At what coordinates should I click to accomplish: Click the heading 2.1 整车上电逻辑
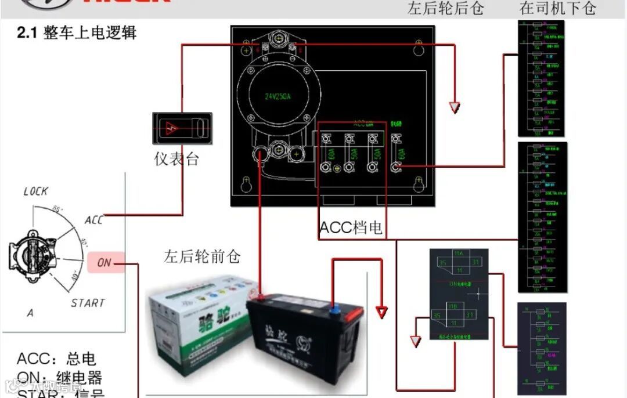point(77,33)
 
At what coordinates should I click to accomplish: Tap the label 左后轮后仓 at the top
point(445,8)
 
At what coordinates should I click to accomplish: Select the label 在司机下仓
point(557,8)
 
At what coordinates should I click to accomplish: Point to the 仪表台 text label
point(176,159)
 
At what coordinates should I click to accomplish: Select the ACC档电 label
point(351,228)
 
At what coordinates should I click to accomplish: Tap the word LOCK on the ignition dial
point(36,191)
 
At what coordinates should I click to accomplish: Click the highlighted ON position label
point(105,263)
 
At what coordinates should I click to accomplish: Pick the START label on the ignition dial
point(88,303)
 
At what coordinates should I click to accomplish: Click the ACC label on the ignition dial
point(93,220)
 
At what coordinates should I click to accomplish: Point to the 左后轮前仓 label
point(201,256)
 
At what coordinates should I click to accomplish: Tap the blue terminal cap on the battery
point(336,305)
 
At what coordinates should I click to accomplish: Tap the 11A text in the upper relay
point(459,254)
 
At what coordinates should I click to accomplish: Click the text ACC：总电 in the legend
point(56,359)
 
